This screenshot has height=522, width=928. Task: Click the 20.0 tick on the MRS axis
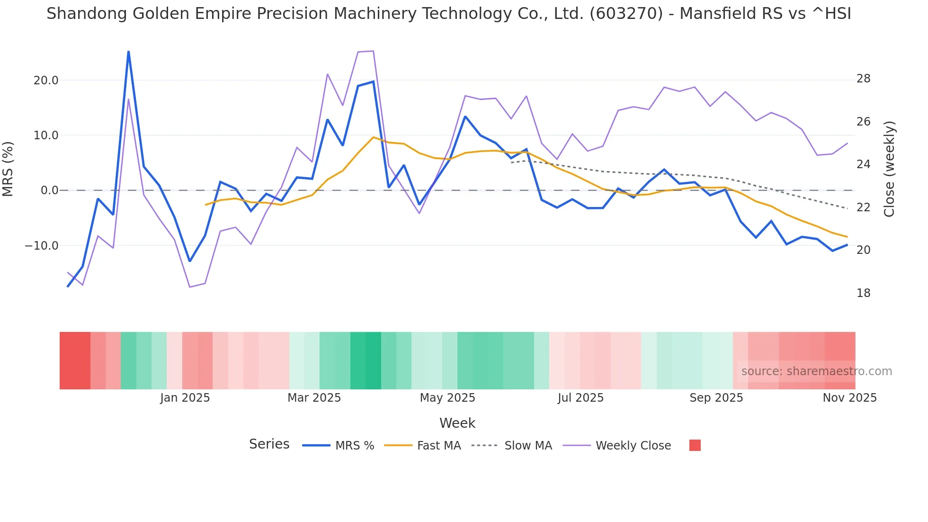tap(45, 81)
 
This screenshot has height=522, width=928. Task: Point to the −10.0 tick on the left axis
tap(42, 246)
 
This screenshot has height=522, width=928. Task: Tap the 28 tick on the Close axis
tap(863, 79)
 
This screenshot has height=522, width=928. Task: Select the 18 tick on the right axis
tap(863, 293)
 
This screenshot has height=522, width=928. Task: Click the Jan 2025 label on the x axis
tap(185, 398)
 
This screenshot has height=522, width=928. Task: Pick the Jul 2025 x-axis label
tap(580, 398)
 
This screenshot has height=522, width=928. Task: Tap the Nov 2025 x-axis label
tap(849, 398)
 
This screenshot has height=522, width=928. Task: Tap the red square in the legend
tap(695, 445)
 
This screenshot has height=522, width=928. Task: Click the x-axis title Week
tap(457, 423)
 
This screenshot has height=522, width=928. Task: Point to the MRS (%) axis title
tap(8, 169)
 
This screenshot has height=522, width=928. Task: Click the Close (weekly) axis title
tap(889, 169)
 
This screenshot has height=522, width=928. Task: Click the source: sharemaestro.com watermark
tap(816, 371)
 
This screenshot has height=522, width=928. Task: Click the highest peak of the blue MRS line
tap(128, 52)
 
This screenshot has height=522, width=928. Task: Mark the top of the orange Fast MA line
tap(373, 137)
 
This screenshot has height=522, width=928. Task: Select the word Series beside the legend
tap(269, 444)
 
